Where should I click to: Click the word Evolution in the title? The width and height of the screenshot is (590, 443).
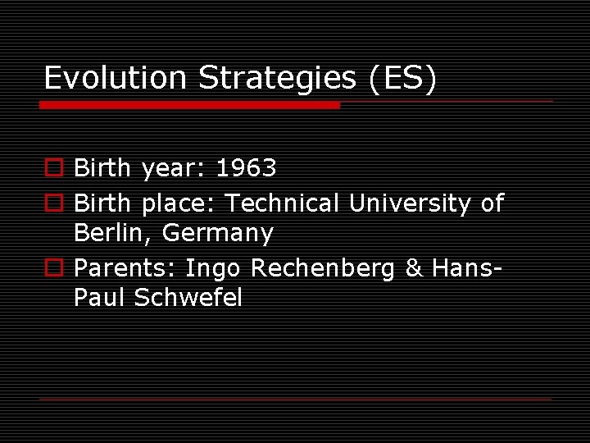(116, 78)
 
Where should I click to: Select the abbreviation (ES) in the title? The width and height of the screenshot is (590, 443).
(403, 78)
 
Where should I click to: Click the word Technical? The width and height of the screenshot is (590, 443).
(282, 203)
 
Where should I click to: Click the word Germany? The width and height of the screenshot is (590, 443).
(218, 235)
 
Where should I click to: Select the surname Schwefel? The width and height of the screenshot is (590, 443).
(188, 298)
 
